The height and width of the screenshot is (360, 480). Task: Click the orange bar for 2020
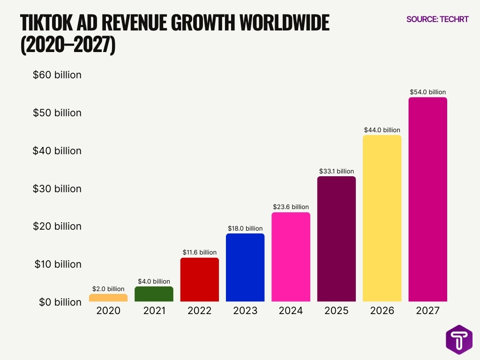[108, 298]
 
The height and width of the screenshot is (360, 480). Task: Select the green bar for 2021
[154, 294]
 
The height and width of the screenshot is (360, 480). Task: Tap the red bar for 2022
[200, 279]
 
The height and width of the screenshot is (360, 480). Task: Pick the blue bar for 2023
[245, 267]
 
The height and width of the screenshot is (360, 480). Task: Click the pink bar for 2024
[291, 257]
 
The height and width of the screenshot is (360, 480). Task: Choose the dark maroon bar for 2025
[337, 239]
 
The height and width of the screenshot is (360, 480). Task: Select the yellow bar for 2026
[382, 218]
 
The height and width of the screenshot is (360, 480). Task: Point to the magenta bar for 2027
[427, 199]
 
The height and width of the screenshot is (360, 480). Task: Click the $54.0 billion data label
[427, 92]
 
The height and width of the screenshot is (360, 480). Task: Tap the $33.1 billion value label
[337, 171]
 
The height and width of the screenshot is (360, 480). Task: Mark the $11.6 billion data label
[200, 252]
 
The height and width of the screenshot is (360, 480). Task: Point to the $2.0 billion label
[108, 289]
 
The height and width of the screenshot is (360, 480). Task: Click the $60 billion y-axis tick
[57, 75]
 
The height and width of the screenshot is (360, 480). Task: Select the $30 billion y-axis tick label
[57, 188]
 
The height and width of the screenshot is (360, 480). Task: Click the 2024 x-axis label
[291, 310]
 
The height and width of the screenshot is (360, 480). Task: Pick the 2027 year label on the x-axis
[427, 310]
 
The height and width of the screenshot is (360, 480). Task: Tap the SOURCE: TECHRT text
[437, 19]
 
